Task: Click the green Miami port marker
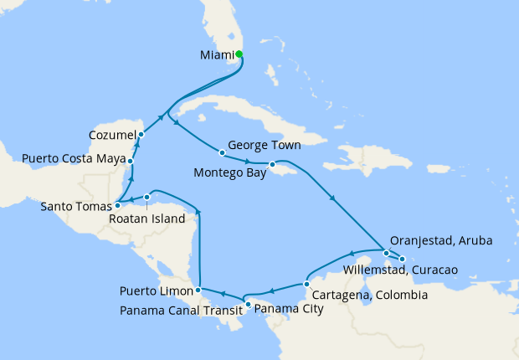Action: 239,54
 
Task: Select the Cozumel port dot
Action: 141,134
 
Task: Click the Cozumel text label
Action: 112,134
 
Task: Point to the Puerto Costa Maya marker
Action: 131,160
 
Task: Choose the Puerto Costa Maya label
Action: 73,158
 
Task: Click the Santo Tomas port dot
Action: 117,204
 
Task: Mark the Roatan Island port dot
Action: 146,198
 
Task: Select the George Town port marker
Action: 222,152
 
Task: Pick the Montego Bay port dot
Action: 272,164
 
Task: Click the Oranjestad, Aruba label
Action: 445,241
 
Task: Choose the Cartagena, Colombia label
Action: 369,296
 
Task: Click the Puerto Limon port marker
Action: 198,291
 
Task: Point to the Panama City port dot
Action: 248,303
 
